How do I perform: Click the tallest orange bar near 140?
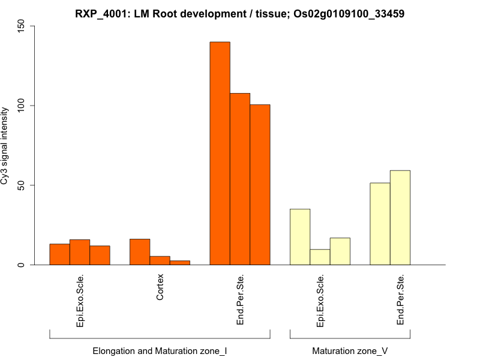pyautogui.click(x=220, y=153)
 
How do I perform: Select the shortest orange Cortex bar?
pyautogui.click(x=180, y=262)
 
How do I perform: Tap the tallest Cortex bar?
pyautogui.click(x=140, y=252)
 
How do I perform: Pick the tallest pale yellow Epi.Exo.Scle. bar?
pyautogui.click(x=300, y=237)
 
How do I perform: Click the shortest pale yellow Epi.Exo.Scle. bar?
pyautogui.click(x=320, y=257)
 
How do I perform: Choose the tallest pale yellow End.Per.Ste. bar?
pyautogui.click(x=400, y=217)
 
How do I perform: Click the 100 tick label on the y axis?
pyautogui.click(x=22, y=106)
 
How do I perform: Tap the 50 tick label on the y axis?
pyautogui.click(x=22, y=185)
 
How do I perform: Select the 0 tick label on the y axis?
pyautogui.click(x=22, y=265)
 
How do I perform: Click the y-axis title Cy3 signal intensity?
pyautogui.click(x=5, y=145)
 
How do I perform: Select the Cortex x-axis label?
pyautogui.click(x=160, y=287)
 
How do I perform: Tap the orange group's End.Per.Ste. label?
pyautogui.click(x=240, y=300)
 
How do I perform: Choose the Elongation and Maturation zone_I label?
pyautogui.click(x=160, y=351)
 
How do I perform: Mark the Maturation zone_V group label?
pyautogui.click(x=350, y=351)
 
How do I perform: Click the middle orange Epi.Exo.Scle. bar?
pyautogui.click(x=80, y=252)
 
